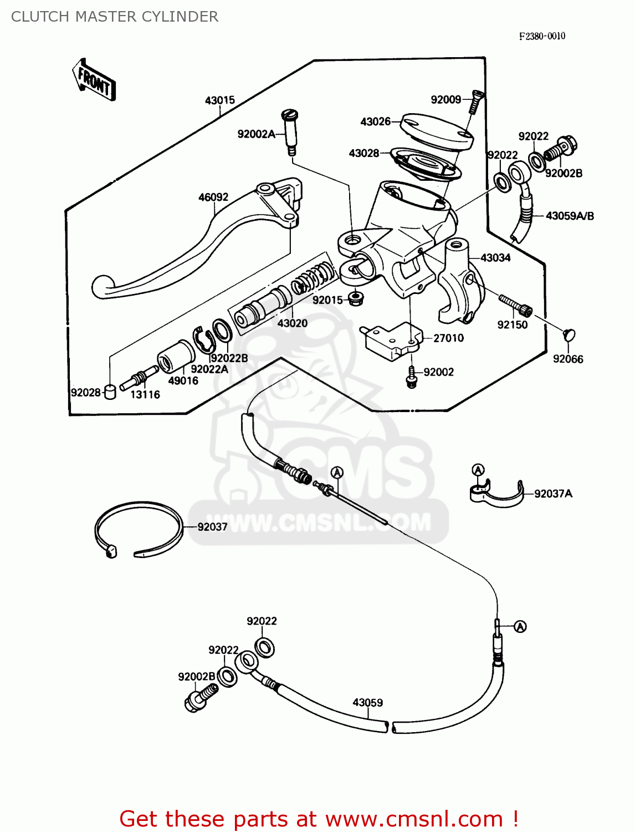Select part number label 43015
[220, 100]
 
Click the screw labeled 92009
[475, 102]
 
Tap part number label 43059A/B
[570, 216]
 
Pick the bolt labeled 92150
[515, 304]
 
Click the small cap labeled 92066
[569, 334]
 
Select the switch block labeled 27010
[392, 340]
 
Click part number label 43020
[292, 323]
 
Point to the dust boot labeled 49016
[176, 355]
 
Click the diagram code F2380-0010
[542, 36]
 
